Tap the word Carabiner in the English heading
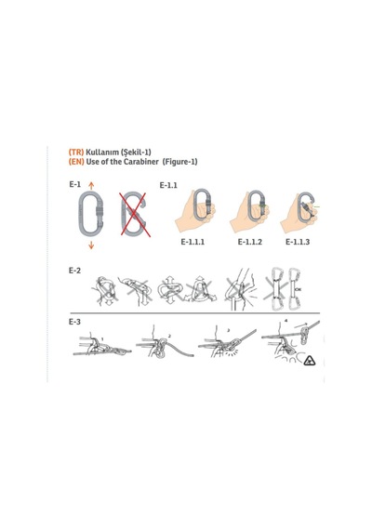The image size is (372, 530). tap(140, 162)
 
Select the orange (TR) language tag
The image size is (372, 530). tap(76, 152)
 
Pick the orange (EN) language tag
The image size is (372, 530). tap(76, 162)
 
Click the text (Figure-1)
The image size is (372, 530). tap(179, 162)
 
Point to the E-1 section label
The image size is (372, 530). tap(74, 184)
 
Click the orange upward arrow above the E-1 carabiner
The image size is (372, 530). tap(91, 185)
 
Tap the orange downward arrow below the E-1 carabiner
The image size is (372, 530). tap(91, 245)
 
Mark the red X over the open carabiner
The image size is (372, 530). tap(135, 214)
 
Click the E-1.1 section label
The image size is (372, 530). tap(168, 185)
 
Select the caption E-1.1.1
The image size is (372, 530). tap(193, 242)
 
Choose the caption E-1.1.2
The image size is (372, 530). tap(249, 242)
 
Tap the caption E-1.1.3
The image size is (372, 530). tap(298, 242)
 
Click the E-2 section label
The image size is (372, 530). tap(74, 271)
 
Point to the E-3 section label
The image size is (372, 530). tap(74, 322)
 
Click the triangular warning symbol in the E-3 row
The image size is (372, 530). tap(310, 362)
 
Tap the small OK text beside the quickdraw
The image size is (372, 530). tap(298, 289)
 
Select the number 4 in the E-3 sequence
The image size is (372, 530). tap(286, 322)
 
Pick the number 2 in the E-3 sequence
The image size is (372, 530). tap(169, 337)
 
